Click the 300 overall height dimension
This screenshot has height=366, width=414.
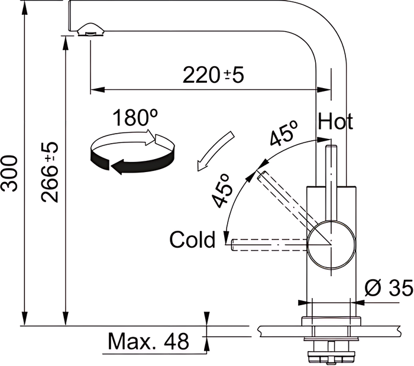[x=9, y=173]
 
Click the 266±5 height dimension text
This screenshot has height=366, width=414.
[x=49, y=172]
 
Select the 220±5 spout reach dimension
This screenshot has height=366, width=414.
[x=214, y=75]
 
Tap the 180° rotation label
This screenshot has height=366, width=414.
[x=135, y=117]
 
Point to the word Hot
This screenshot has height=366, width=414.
[x=335, y=121]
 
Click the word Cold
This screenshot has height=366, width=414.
[x=192, y=239]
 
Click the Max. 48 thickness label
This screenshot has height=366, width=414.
[x=148, y=341]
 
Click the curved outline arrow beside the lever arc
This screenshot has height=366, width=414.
[x=215, y=151]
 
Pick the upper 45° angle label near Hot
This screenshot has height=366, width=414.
[x=284, y=133]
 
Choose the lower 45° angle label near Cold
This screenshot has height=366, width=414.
[x=223, y=190]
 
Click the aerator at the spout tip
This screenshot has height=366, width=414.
[x=90, y=29]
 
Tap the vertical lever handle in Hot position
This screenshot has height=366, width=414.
[x=331, y=182]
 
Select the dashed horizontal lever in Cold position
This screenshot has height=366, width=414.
[x=269, y=244]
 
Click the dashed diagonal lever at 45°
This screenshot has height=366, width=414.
[x=286, y=200]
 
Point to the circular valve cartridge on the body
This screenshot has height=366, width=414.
[x=331, y=245]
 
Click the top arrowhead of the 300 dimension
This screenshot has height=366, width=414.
[x=25, y=8]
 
